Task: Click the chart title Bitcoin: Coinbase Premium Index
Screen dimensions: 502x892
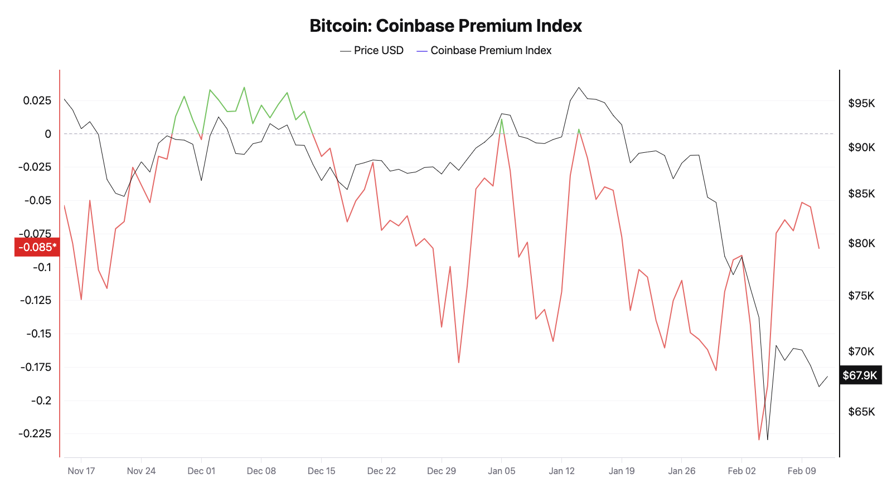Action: click(x=445, y=26)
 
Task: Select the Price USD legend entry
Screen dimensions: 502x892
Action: click(x=372, y=50)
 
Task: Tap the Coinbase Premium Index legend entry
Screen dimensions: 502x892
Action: click(x=484, y=50)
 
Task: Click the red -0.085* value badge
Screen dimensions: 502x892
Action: click(x=37, y=247)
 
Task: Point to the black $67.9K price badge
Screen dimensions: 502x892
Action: click(x=860, y=375)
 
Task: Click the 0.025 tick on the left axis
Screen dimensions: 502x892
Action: click(x=37, y=100)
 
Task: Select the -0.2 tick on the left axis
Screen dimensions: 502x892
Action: click(x=41, y=400)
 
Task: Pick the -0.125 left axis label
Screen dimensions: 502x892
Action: click(x=36, y=300)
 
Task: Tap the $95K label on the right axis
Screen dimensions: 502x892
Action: click(x=861, y=103)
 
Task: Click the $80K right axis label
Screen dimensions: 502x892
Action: click(x=861, y=243)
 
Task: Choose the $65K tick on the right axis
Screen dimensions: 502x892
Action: click(x=861, y=412)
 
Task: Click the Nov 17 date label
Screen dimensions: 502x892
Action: click(x=81, y=471)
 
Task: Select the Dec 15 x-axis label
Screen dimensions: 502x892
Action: click(x=322, y=471)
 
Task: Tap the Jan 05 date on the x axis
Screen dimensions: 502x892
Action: click(x=502, y=471)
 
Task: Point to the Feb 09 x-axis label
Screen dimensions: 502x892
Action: click(x=802, y=471)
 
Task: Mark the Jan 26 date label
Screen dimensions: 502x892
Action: click(x=682, y=471)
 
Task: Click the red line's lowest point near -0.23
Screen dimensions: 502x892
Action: click(x=759, y=440)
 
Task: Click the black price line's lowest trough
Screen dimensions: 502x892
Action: click(x=768, y=440)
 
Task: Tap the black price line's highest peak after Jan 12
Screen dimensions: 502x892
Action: click(x=579, y=88)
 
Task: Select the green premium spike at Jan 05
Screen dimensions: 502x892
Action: click(x=502, y=119)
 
